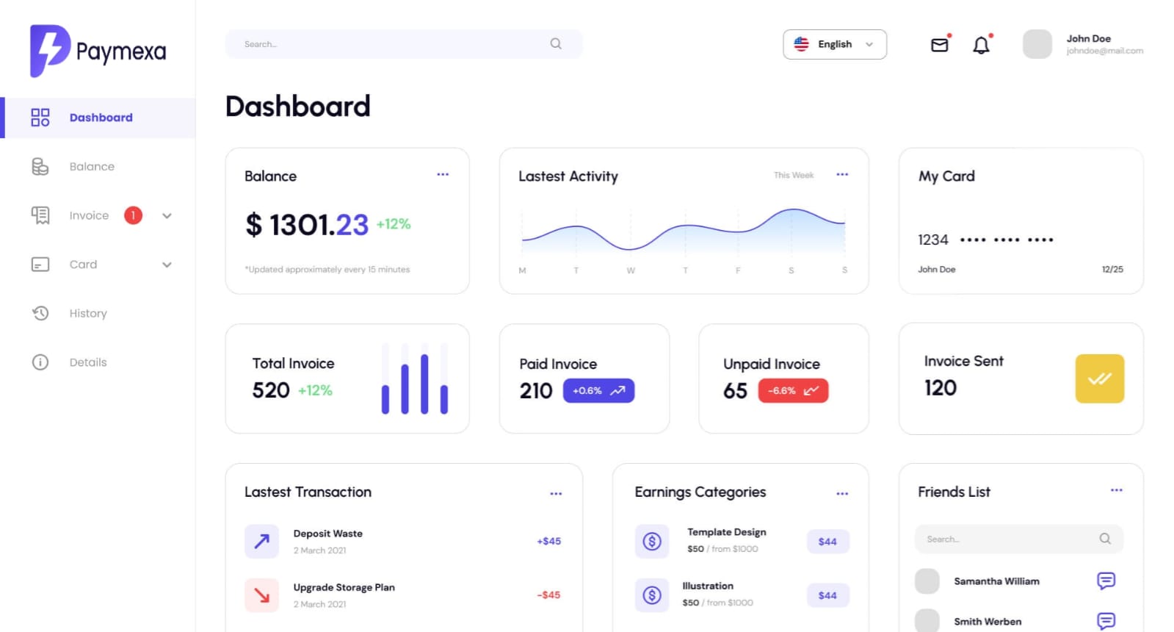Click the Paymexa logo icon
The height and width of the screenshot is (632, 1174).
49,50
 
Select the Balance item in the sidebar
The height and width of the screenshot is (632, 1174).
92,167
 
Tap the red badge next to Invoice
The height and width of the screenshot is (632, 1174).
133,215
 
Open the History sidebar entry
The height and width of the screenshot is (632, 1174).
88,314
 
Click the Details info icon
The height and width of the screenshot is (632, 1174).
40,362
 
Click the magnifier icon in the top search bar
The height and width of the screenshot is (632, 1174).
556,44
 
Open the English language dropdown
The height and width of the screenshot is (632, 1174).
834,44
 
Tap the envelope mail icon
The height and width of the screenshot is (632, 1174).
939,46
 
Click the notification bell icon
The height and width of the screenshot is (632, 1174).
981,46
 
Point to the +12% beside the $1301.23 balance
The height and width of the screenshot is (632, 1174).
394,224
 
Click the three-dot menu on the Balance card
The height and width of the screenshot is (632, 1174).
443,175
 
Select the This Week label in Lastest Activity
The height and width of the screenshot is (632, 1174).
794,176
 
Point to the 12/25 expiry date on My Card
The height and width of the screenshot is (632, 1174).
1112,270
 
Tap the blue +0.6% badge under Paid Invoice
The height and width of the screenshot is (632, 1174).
598,391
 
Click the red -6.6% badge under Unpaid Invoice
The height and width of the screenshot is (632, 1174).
793,391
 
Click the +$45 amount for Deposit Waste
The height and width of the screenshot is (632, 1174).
548,542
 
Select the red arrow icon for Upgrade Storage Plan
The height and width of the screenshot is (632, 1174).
261,595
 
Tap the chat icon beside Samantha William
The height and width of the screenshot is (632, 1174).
1106,581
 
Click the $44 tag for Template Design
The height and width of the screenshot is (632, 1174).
827,542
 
